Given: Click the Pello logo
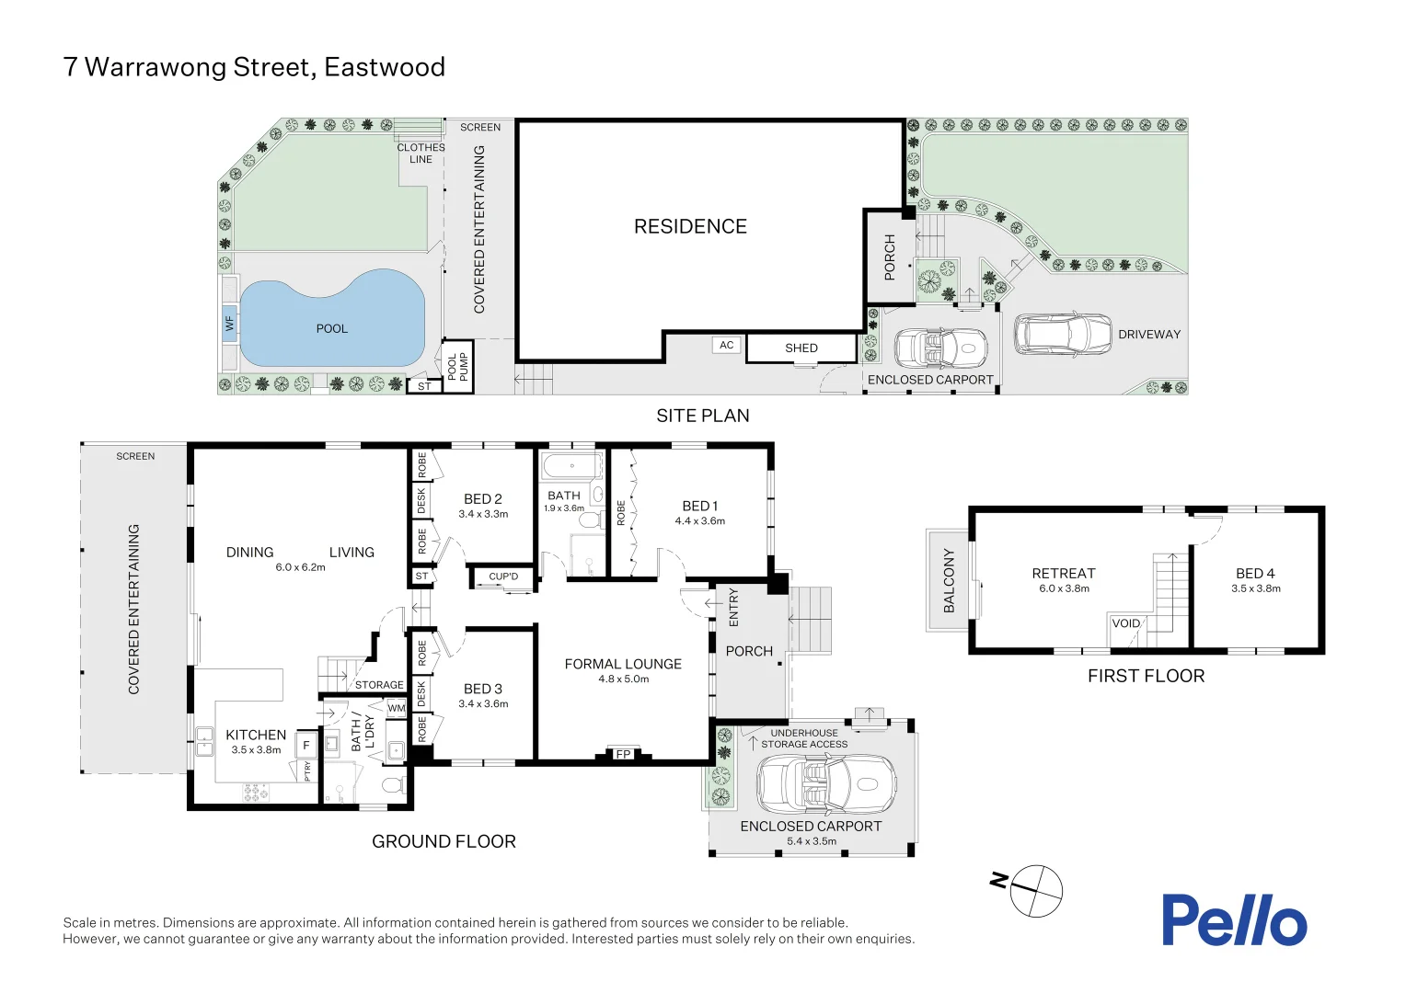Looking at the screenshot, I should click(x=1233, y=920).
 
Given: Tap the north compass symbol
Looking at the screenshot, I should click(x=1036, y=890).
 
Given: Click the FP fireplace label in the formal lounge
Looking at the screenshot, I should click(x=623, y=754).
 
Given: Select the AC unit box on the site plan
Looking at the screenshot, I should click(x=727, y=345).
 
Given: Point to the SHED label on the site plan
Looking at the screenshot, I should click(x=801, y=348).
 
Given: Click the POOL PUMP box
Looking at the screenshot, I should click(x=457, y=366).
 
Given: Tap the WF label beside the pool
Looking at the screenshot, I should click(x=229, y=324).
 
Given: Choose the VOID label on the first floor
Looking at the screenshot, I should click(x=1126, y=623).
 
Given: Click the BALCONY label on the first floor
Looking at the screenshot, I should click(x=949, y=580).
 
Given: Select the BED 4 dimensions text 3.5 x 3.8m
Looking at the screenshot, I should click(x=1255, y=588).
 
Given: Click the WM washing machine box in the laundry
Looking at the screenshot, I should click(x=396, y=708).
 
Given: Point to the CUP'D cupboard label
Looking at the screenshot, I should click(x=503, y=576).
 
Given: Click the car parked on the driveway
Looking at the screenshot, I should click(x=1062, y=334).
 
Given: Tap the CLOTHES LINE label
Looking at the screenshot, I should click(x=421, y=153).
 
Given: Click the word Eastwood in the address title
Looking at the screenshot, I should click(x=385, y=67).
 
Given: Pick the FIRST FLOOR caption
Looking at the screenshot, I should click(x=1146, y=676).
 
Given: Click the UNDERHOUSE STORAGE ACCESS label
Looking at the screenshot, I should click(x=803, y=738).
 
